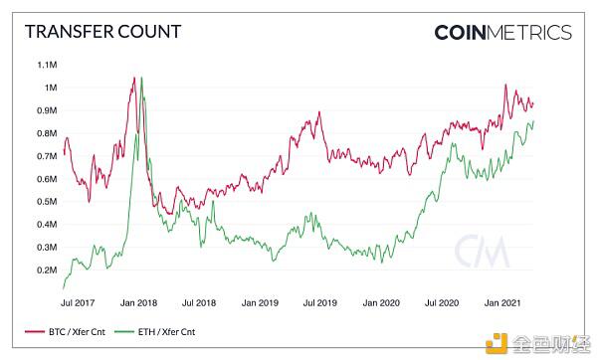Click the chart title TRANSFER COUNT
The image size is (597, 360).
[102, 31]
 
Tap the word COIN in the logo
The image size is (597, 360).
[467, 32]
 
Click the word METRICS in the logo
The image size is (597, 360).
[536, 32]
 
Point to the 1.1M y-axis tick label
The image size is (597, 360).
[46, 65]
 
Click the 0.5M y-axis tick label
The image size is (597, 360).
[46, 202]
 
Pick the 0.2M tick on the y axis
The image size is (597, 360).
[46, 270]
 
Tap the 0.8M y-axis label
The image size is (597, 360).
[46, 133]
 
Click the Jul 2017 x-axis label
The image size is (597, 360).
[78, 300]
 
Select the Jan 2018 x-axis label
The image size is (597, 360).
[138, 300]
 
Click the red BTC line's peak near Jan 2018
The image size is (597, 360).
[132, 77]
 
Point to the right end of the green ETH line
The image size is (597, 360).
[533, 122]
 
